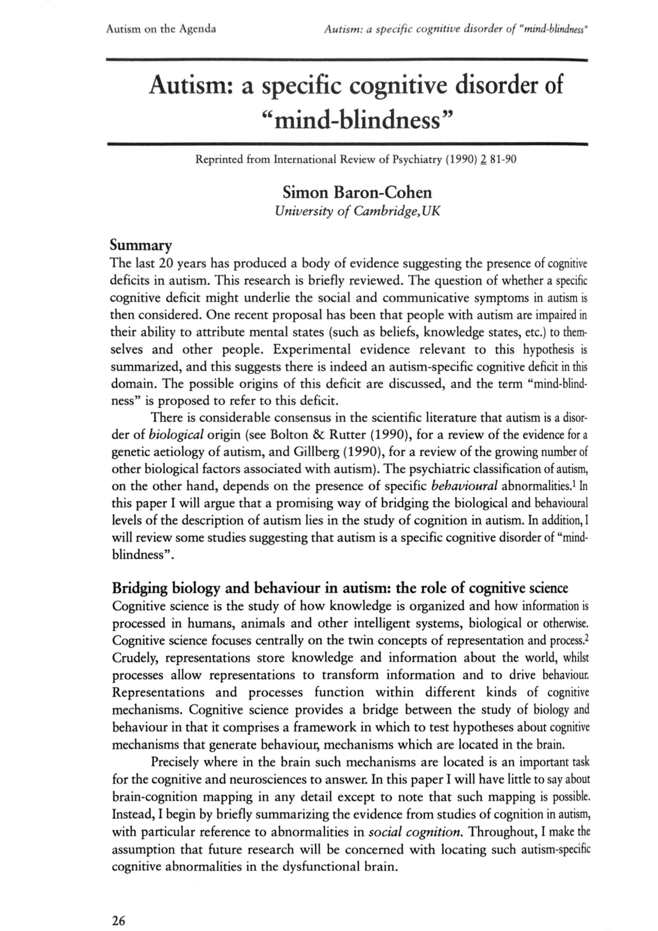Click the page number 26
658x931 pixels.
pyautogui.click(x=118, y=907)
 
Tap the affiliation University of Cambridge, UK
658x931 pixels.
pyautogui.click(x=357, y=211)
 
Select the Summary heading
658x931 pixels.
pyautogui.click(x=141, y=244)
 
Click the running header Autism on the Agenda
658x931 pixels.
pyautogui.click(x=160, y=29)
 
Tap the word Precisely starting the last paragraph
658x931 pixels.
pyautogui.click(x=175, y=762)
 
